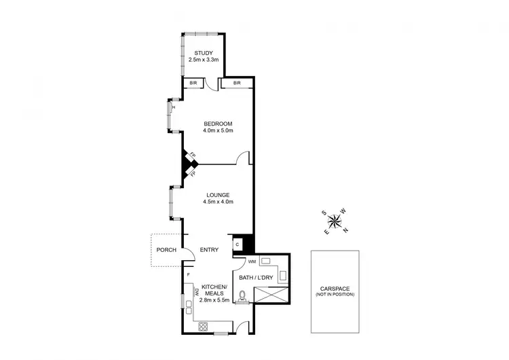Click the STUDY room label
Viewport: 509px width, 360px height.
(204, 53)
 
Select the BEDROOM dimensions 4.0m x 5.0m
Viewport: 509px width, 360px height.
(218, 130)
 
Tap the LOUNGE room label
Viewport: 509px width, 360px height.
(218, 194)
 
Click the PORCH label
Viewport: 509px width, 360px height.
(166, 250)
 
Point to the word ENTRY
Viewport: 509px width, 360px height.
(209, 250)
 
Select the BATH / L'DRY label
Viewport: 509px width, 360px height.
(257, 277)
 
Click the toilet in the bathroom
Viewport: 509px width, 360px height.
(242, 296)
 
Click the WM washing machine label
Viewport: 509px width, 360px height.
(242, 262)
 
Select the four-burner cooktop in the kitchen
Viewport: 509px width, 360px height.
(202, 326)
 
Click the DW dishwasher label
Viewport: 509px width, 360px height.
(197, 291)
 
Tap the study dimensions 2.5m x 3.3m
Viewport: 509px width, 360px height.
(204, 60)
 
